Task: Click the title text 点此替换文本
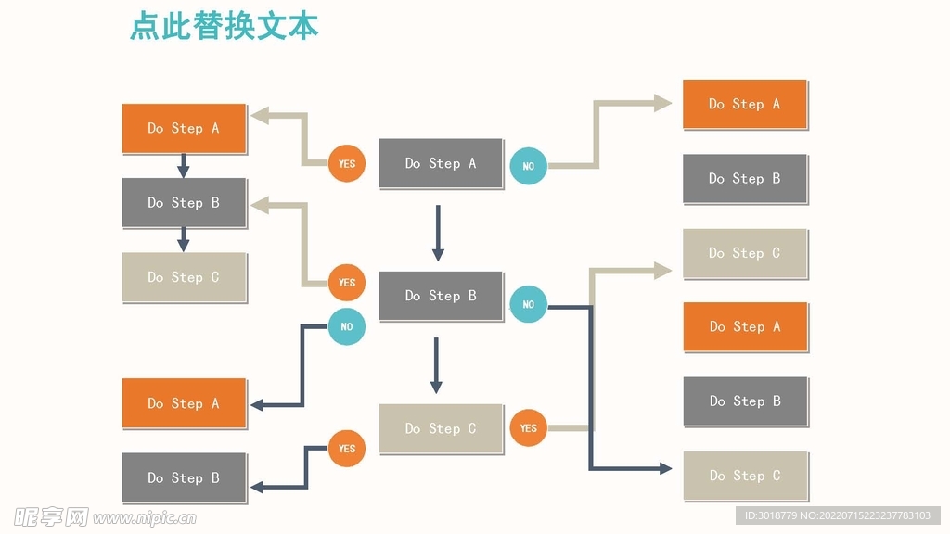pyautogui.click(x=224, y=26)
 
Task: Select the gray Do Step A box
pyautogui.click(x=441, y=163)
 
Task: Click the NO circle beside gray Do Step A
pyautogui.click(x=528, y=166)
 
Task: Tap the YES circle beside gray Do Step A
pyautogui.click(x=346, y=164)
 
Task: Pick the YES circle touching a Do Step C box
pyautogui.click(x=528, y=427)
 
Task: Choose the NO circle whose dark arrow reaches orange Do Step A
pyautogui.click(x=346, y=326)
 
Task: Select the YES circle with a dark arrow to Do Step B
pyautogui.click(x=346, y=449)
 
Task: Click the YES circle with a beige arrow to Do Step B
pyautogui.click(x=346, y=283)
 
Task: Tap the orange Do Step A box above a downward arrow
pyautogui.click(x=184, y=128)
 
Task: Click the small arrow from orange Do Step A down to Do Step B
pyautogui.click(x=184, y=166)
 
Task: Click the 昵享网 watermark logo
pyautogui.click(x=51, y=515)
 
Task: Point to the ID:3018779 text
pyautogui.click(x=770, y=515)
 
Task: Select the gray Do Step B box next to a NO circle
pyautogui.click(x=441, y=296)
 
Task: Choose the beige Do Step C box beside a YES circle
pyautogui.click(x=441, y=428)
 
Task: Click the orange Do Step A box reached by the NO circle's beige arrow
pyautogui.click(x=745, y=104)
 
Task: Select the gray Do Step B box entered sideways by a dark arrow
pyautogui.click(x=184, y=477)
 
